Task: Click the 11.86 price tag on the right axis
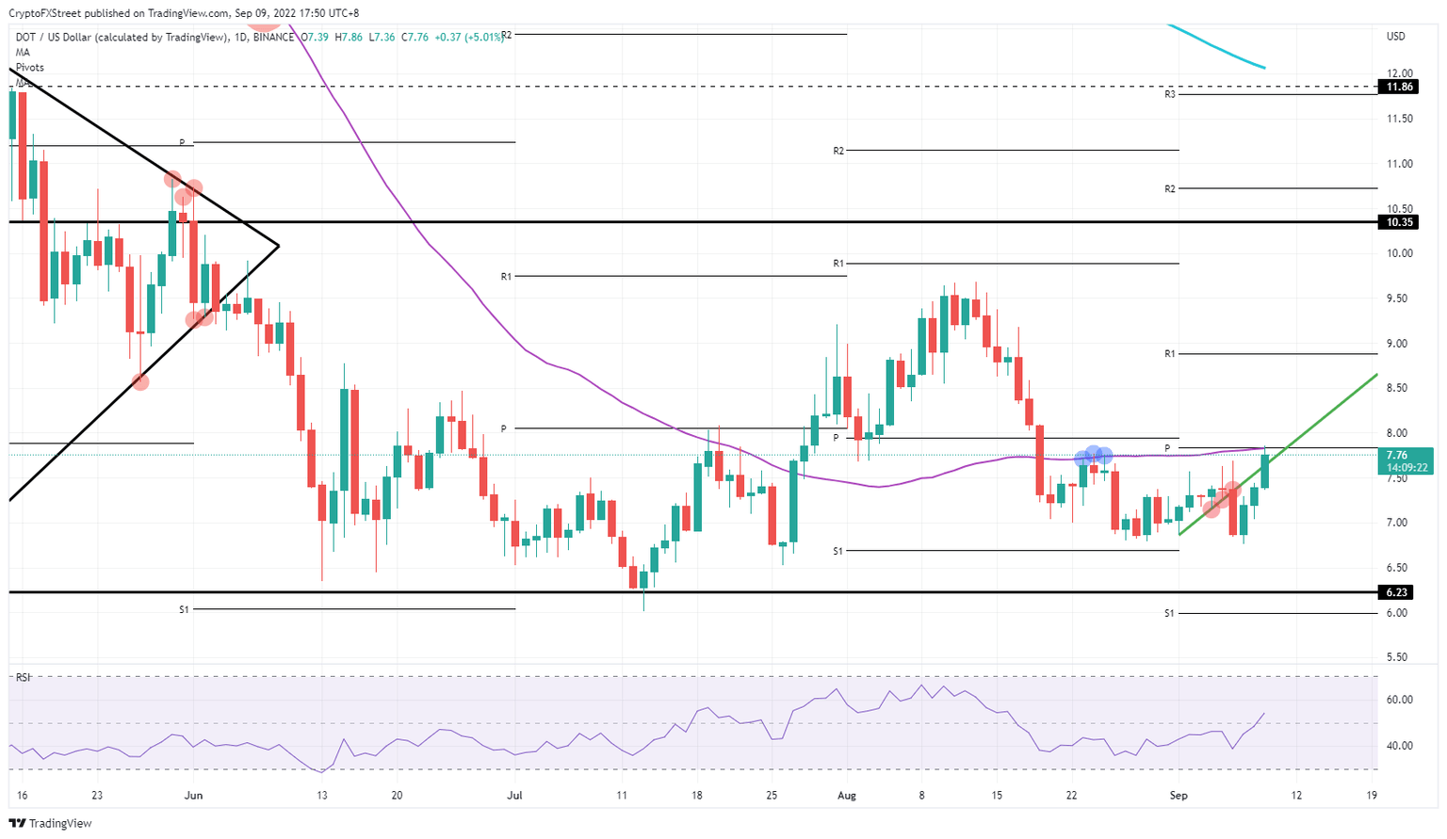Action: [1400, 87]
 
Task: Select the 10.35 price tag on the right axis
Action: [1400, 222]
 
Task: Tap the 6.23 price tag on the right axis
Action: [1399, 592]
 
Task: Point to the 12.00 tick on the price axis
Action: [1400, 73]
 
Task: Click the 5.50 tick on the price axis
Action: [1400, 657]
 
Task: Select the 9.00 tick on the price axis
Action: [1400, 344]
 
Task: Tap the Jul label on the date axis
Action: [514, 796]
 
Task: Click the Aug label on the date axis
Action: [847, 796]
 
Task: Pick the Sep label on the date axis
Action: [1179, 796]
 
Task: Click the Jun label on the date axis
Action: [193, 796]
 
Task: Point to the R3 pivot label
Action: [1169, 94]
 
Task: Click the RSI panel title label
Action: [23, 677]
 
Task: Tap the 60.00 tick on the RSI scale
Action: [1400, 700]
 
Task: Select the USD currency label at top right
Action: [1396, 37]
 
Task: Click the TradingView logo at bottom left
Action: [52, 824]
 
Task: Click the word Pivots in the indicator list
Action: [29, 68]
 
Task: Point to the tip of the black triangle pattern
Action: [279, 247]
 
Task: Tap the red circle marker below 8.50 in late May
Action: [140, 381]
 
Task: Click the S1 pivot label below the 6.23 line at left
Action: [184, 610]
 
